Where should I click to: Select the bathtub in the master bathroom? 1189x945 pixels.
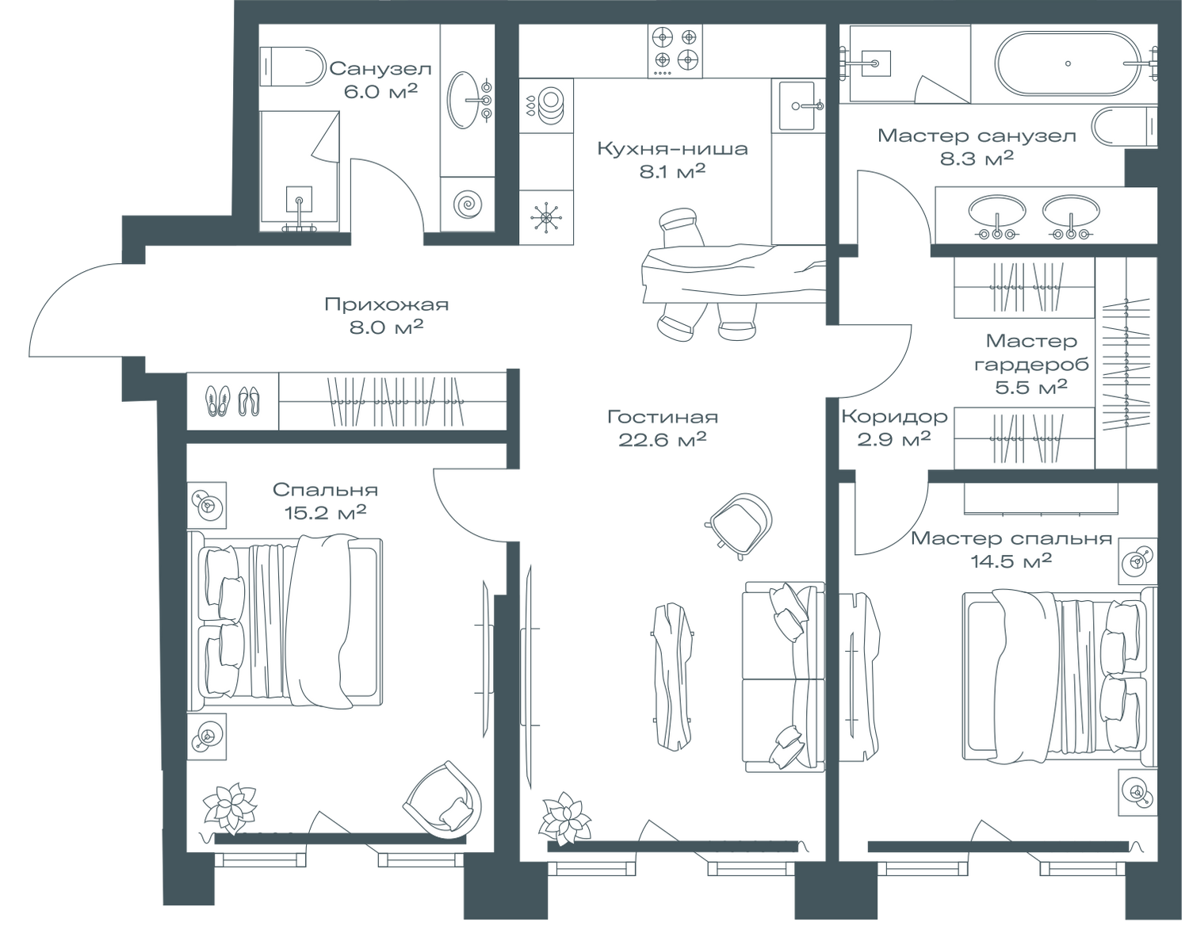pos(1069,63)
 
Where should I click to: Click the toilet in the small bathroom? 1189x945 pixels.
pos(292,66)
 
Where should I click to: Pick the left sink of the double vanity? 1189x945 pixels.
pos(996,212)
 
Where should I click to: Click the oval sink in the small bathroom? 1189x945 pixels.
pos(468,99)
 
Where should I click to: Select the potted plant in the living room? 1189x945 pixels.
pos(564,816)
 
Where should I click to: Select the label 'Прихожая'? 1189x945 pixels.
pos(387,305)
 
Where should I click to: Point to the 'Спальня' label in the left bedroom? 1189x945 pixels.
pos(325,490)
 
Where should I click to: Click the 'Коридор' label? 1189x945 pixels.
pos(895,416)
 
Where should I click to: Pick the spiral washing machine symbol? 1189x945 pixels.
pos(468,204)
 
